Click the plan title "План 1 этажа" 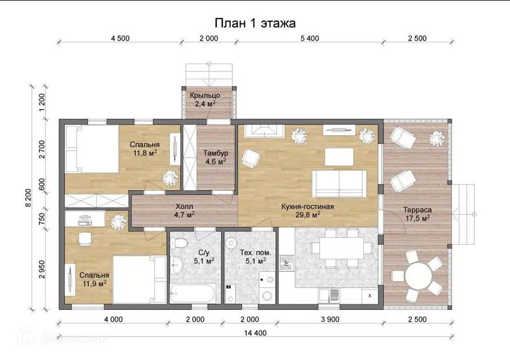255,23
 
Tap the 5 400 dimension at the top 310,38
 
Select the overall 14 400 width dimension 256,332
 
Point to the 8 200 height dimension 28,197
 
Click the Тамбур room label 216,152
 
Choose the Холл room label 185,206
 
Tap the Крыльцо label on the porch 205,96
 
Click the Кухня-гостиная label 307,206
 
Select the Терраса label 417,210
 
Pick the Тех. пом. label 255,253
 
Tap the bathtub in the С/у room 192,294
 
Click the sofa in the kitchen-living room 339,183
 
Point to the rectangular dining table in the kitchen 342,248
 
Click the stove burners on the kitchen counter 287,263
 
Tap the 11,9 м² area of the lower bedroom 95,283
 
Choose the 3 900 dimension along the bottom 330,319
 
